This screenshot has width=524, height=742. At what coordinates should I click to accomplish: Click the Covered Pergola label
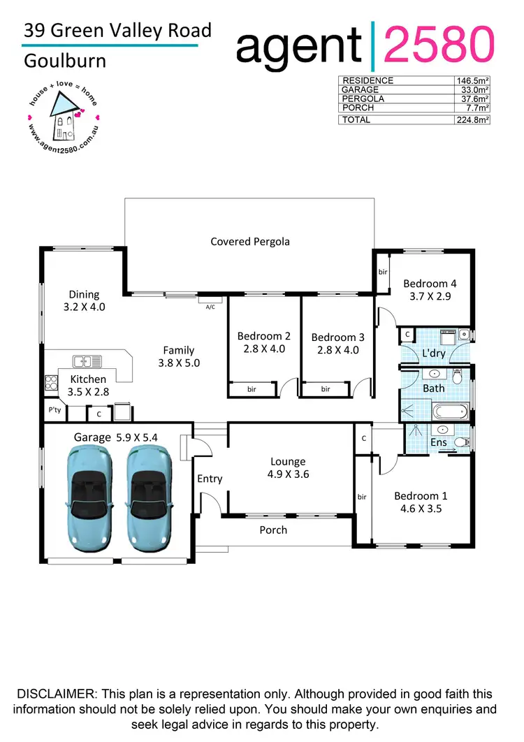click(250, 242)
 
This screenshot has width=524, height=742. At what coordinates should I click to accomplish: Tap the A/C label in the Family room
click(210, 306)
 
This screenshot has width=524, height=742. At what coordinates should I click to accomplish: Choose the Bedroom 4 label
click(430, 284)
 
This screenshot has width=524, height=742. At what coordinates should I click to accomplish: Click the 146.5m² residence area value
click(472, 80)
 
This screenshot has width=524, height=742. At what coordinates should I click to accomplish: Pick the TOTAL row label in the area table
click(356, 120)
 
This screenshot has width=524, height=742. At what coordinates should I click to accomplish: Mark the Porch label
click(273, 530)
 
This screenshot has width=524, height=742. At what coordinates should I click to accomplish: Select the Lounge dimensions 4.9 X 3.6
click(288, 474)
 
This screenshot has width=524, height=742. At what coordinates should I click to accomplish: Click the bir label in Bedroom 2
click(252, 389)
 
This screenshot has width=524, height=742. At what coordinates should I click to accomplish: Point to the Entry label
click(210, 479)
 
